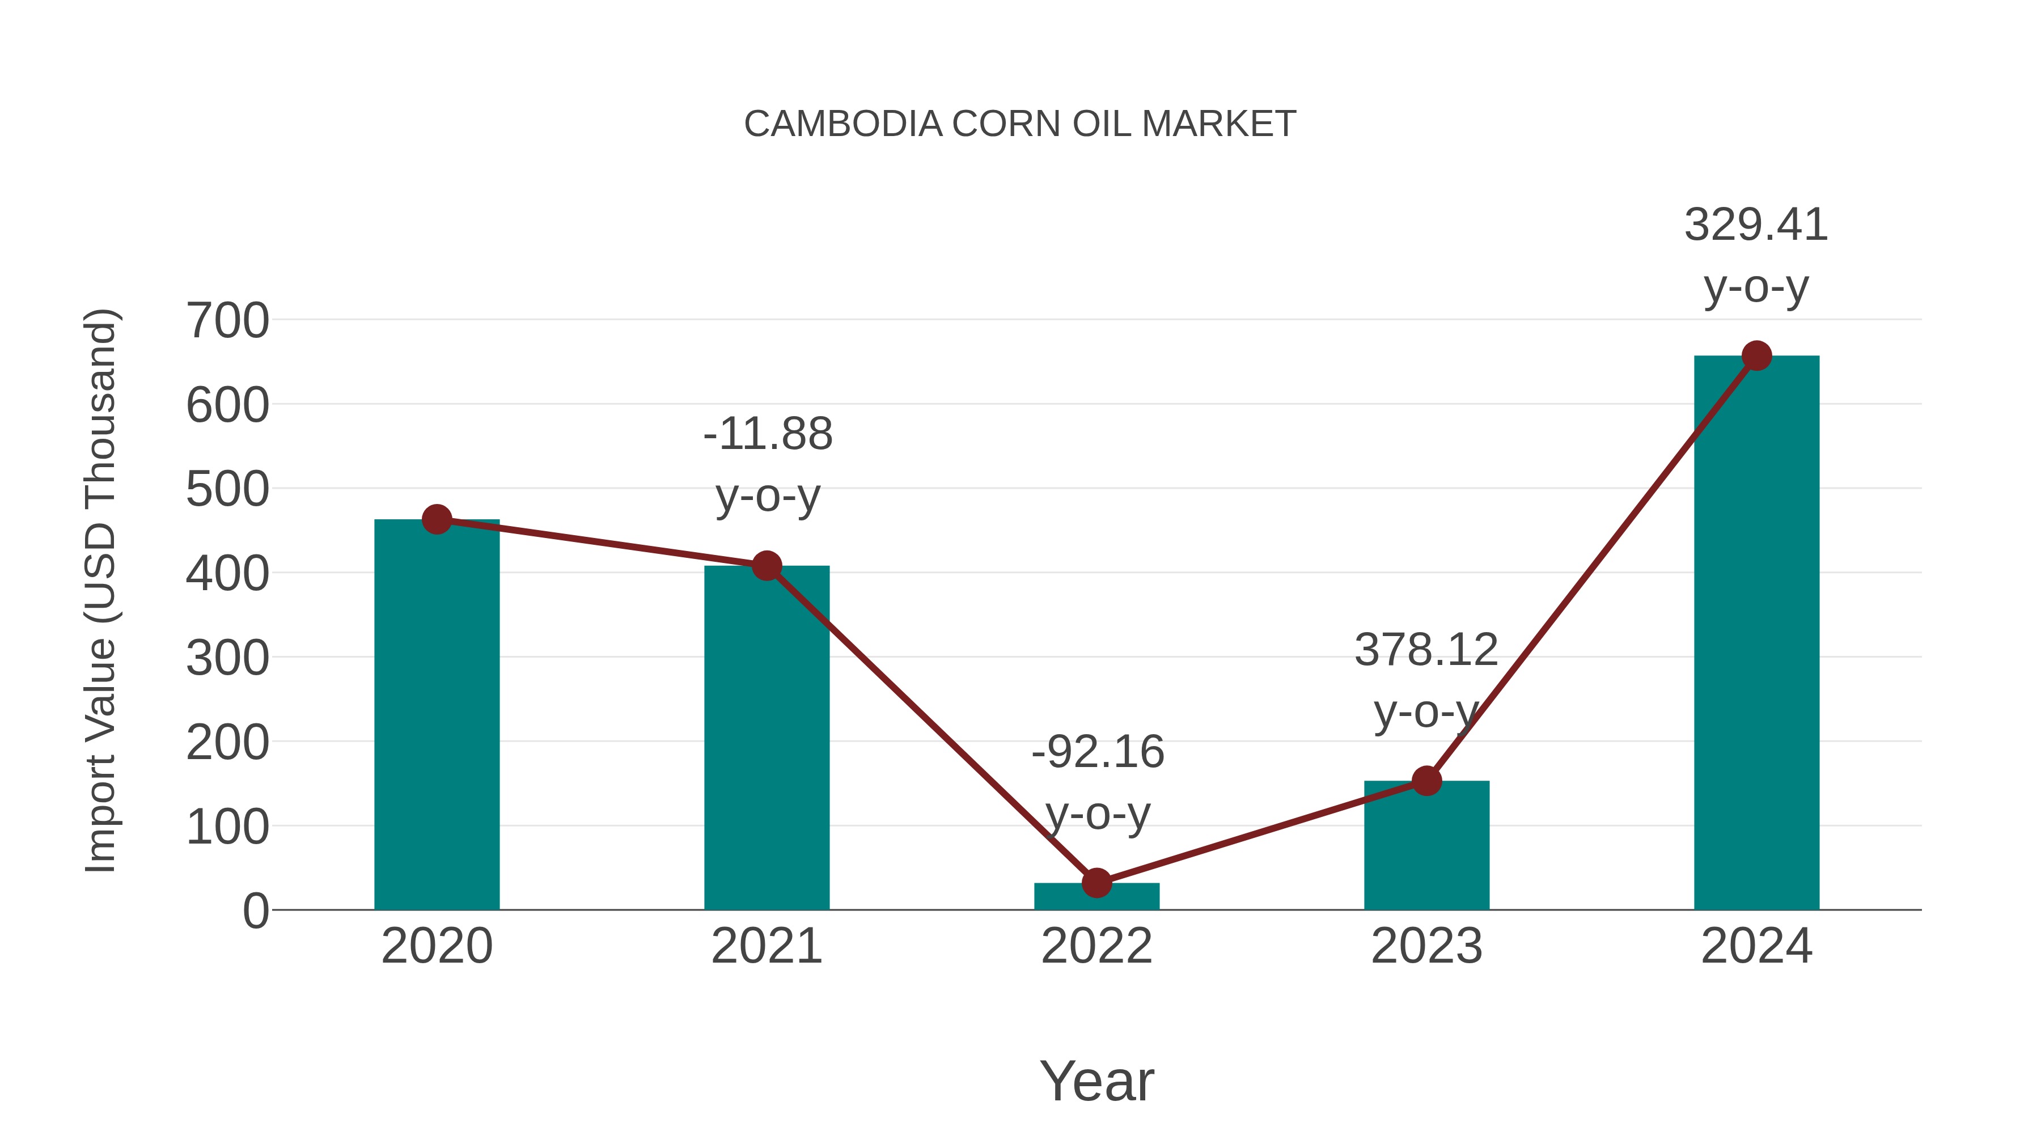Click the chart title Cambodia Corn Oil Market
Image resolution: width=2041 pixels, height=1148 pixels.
click(x=1020, y=124)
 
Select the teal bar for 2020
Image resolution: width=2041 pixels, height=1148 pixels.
click(x=437, y=713)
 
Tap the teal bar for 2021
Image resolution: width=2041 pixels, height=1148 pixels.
click(x=766, y=737)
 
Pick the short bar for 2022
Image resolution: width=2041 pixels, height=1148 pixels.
click(x=1096, y=896)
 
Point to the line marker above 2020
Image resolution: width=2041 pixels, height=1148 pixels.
click(x=437, y=520)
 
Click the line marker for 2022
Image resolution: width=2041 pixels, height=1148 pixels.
click(x=1096, y=883)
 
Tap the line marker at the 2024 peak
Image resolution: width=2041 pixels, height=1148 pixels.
click(x=1756, y=355)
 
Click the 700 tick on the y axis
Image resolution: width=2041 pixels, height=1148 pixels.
click(x=227, y=321)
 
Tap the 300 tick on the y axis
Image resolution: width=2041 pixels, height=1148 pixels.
click(x=227, y=658)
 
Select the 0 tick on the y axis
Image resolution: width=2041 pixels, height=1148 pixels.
click(x=256, y=910)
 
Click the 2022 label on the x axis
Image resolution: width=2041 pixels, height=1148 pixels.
click(x=1096, y=946)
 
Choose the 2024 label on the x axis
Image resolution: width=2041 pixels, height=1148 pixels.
click(x=1756, y=946)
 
